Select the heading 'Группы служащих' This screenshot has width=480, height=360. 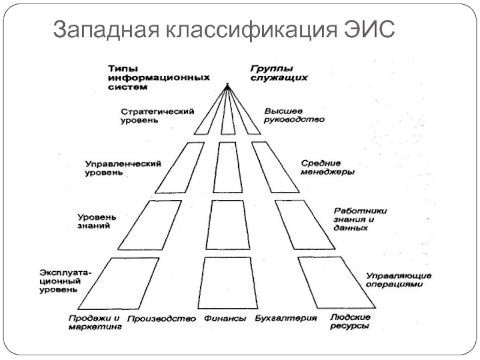pos(278,73)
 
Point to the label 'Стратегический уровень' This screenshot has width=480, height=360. pos(157,116)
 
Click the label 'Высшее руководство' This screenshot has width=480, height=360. pos(294,115)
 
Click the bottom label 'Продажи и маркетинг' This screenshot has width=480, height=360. pos(94,322)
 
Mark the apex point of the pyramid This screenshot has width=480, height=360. pos(227,85)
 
